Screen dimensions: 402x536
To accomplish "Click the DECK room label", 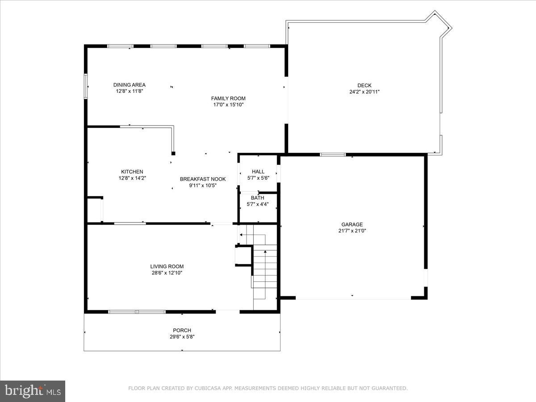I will coord(364,85).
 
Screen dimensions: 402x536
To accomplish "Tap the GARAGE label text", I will coord(352,225).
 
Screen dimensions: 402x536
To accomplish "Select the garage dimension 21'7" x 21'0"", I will coord(352,231).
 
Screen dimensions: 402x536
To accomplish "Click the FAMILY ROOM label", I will coord(228,98).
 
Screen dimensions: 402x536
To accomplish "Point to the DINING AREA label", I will coord(129,85).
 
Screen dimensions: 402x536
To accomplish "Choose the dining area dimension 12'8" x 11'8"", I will coord(129,91).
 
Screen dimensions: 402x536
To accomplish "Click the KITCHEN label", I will coord(132,172).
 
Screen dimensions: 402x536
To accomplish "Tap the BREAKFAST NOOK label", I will coord(203,179).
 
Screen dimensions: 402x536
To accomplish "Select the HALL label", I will coord(258,172).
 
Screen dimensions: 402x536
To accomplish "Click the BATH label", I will coord(257,198).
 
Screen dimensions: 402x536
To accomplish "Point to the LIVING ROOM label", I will coord(167,266).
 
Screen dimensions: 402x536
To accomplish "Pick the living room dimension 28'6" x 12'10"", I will coord(167,272).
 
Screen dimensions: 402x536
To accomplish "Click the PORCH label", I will coord(182,331).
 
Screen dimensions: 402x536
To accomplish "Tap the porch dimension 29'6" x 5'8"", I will coord(182,337).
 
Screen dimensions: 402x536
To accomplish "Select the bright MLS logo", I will coord(33,391).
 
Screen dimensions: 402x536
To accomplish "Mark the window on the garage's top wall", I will coord(333,155).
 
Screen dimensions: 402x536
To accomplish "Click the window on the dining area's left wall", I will coord(86,85).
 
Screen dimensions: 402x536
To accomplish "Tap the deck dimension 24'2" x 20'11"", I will coord(364,92).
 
